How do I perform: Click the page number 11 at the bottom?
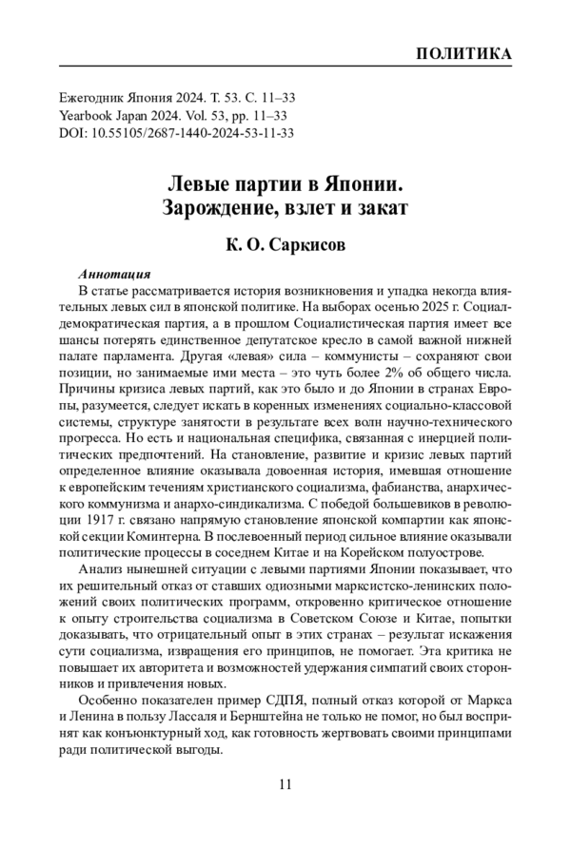(285, 784)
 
